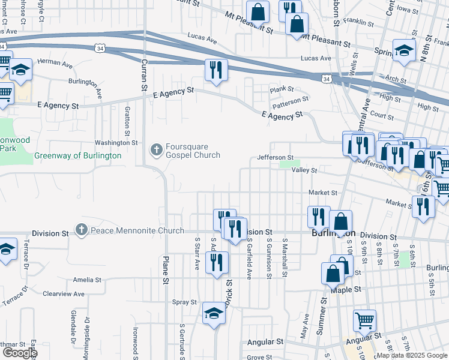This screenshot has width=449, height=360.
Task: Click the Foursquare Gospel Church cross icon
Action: pyautogui.click(x=156, y=149)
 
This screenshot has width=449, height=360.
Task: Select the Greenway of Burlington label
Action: pyautogui.click(x=77, y=155)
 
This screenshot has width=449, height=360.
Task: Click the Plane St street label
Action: pyautogui.click(x=164, y=268)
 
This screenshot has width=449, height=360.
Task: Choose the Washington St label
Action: pyautogui.click(x=116, y=143)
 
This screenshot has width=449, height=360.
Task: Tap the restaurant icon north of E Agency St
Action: pyautogui.click(x=214, y=70)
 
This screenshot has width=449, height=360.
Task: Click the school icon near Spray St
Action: pyautogui.click(x=214, y=314)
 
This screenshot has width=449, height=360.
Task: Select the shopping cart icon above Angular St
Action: pyautogui.click(x=364, y=321)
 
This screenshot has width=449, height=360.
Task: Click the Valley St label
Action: pyautogui.click(x=304, y=170)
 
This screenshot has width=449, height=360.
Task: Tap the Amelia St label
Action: pyautogui.click(x=87, y=280)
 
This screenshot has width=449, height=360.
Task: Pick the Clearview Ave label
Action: pyautogui.click(x=64, y=294)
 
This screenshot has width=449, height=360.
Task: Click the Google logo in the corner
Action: pyautogui.click(x=19, y=353)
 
